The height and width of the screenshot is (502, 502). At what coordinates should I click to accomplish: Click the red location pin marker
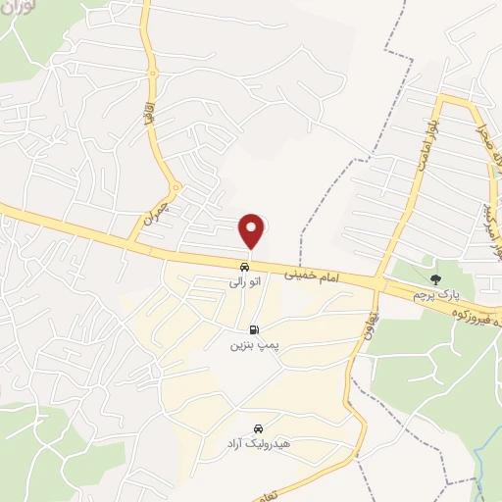[253, 231]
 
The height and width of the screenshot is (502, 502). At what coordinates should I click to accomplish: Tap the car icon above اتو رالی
[243, 266]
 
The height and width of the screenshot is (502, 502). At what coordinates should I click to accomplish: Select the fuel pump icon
[255, 330]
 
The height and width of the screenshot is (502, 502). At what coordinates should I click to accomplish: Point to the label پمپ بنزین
[248, 346]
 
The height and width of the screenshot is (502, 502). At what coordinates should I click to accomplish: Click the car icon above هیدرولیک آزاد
[258, 428]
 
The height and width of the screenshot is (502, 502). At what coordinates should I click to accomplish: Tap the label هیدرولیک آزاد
[251, 444]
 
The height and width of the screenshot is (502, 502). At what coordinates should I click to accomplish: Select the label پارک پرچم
[435, 294]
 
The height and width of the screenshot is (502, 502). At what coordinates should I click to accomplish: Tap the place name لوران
[22, 14]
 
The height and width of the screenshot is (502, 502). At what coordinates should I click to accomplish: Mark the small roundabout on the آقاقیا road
[175, 187]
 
